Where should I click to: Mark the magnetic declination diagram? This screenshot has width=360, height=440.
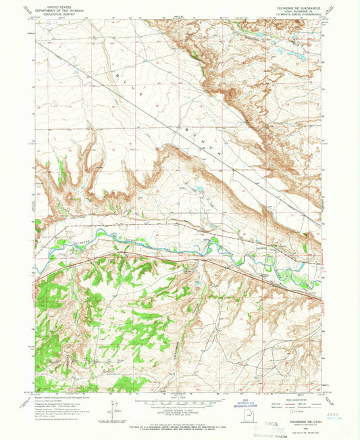pyautogui.click(x=110, y=409)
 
